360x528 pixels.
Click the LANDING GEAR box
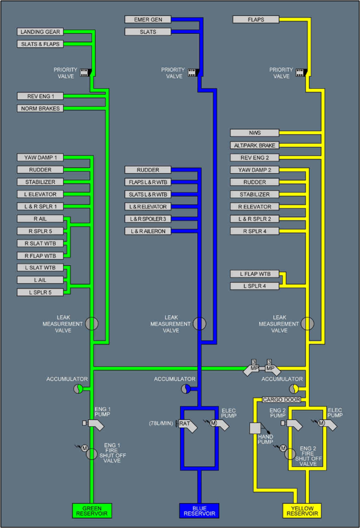coord(41,32)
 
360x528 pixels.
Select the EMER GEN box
coord(148,19)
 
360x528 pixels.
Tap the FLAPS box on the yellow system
coord(256,19)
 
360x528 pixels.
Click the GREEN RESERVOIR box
coord(91,511)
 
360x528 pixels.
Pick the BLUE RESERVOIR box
coord(199,511)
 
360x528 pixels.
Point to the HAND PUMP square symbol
coord(255,428)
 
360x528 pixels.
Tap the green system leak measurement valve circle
coord(92,324)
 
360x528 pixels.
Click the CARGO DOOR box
coord(281,400)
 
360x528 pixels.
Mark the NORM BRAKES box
coord(41,109)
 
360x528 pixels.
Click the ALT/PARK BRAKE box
coord(255,146)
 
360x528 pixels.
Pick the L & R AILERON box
coord(148,231)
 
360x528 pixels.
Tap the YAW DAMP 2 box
coord(255,170)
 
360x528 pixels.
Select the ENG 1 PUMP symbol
coord(94,424)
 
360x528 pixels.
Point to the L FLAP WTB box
coord(255,274)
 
